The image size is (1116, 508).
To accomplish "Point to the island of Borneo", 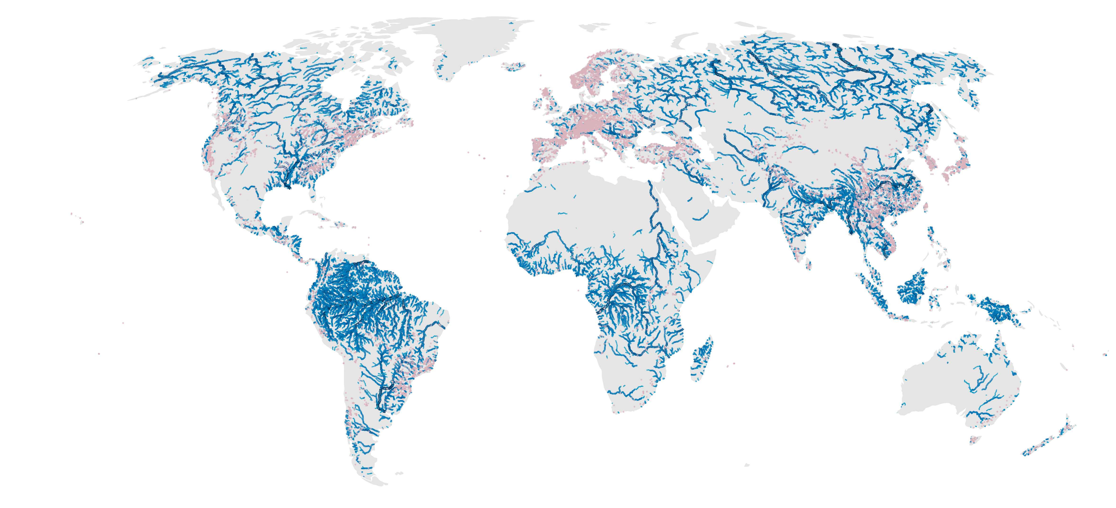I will point(912,288).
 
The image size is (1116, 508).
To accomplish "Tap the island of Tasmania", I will point(975,440).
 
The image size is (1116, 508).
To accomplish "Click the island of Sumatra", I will point(871,288).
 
